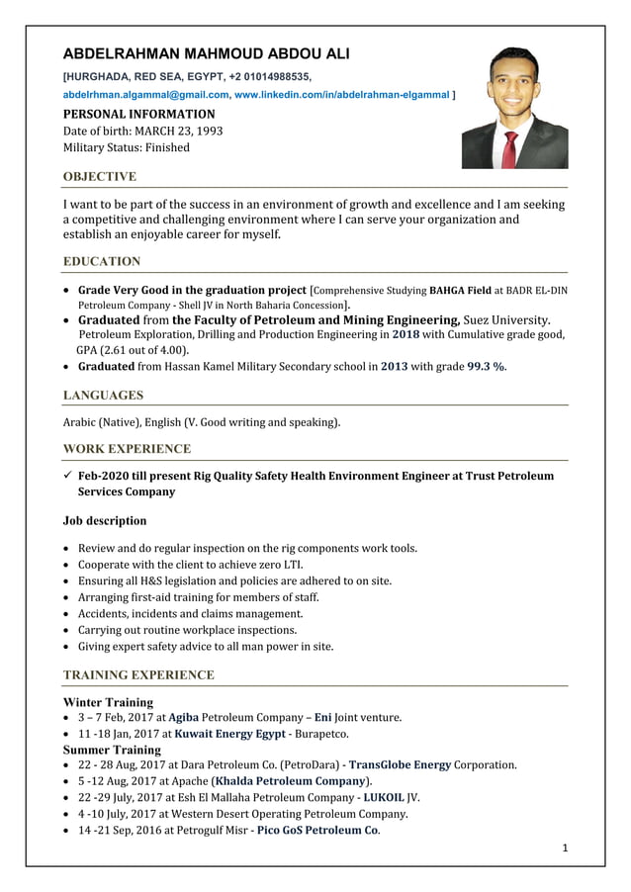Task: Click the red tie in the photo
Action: tap(510, 148)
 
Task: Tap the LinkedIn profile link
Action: tap(341, 94)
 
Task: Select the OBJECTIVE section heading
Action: tap(100, 177)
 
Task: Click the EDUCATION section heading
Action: tap(102, 262)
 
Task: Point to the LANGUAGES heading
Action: tap(103, 396)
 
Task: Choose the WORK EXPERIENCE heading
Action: tap(127, 449)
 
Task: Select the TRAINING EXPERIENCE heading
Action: tap(138, 675)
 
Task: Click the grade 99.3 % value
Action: tap(486, 367)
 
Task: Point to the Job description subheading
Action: tap(105, 521)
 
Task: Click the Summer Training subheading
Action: tap(112, 750)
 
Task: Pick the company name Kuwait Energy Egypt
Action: tap(230, 735)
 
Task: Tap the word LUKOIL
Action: tap(385, 798)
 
